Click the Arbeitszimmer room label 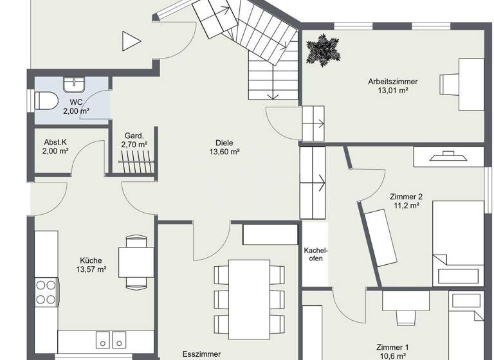coord(393,82)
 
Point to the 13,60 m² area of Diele coord(224,152)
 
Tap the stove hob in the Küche coord(46,291)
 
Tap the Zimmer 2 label coord(405,197)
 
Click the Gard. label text coord(134,136)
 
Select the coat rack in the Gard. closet coord(134,166)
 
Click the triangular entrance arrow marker coord(131,42)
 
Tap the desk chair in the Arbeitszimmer coord(448,84)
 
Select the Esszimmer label coord(201,354)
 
